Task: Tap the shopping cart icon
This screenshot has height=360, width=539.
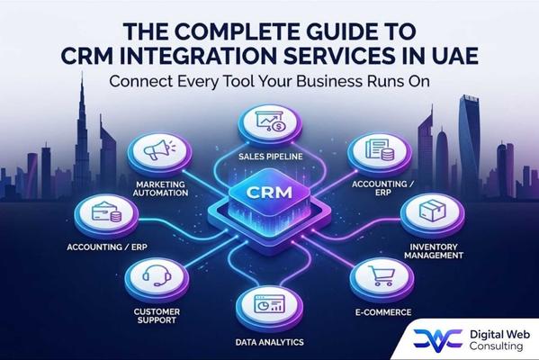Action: pyautogui.click(x=382, y=275)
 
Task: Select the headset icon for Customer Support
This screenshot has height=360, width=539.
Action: pyautogui.click(x=157, y=274)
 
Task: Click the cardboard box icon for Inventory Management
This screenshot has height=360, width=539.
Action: pyautogui.click(x=432, y=211)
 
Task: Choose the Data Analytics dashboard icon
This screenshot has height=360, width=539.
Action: pyautogui.click(x=269, y=303)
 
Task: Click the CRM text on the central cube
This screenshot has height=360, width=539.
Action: pyautogui.click(x=270, y=193)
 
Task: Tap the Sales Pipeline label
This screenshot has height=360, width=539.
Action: pyautogui.click(x=271, y=157)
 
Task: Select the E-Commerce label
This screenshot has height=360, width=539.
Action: pyautogui.click(x=383, y=312)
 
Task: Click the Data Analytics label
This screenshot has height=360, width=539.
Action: pyautogui.click(x=270, y=343)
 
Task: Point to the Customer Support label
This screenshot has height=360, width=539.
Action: pyautogui.click(x=157, y=316)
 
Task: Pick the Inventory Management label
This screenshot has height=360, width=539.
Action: pyautogui.click(x=434, y=251)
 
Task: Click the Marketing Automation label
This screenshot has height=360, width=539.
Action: pyautogui.click(x=160, y=189)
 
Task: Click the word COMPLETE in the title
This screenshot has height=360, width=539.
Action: pyautogui.click(x=237, y=31)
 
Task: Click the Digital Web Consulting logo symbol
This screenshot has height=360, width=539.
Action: pyautogui.click(x=437, y=340)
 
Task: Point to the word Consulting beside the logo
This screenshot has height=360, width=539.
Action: pyautogui.click(x=496, y=346)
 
